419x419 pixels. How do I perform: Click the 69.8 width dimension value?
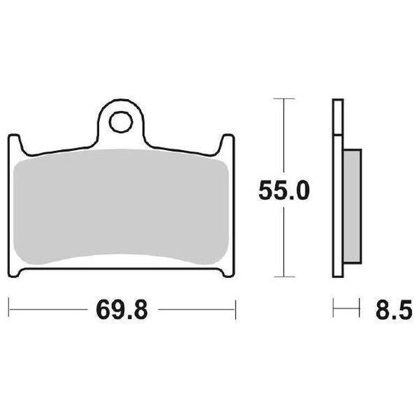coord(122,309)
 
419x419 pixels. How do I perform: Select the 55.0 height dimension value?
coord(284,190)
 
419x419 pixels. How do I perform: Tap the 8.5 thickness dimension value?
coord(394,310)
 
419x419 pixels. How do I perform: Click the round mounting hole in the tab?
coord(121,122)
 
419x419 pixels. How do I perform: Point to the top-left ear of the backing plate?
coord(14,144)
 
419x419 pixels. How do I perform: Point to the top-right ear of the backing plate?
coord(227,144)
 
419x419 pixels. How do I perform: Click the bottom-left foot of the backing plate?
coord(15,272)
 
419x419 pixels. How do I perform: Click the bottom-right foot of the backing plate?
coord(227,272)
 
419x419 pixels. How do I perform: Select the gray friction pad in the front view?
coord(121,206)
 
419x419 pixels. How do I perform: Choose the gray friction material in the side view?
coord(353,206)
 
